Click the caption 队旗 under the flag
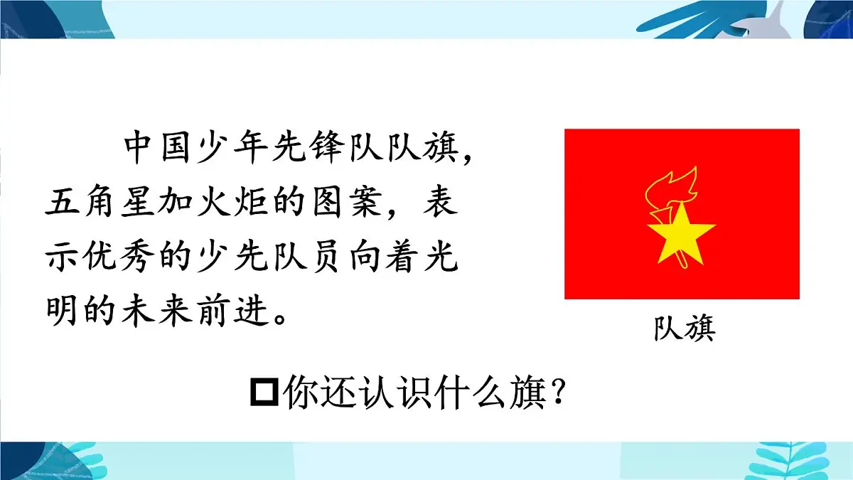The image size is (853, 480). pos(684,329)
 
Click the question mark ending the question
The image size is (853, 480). pos(561,393)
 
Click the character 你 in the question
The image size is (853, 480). pos(299,393)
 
